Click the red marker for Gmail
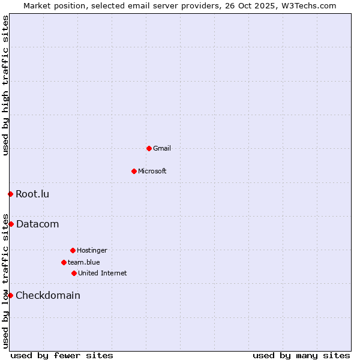click(149, 148)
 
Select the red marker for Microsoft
click(134, 171)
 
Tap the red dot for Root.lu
click(10, 194)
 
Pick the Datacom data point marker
click(11, 224)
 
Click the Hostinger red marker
click(73, 250)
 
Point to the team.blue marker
click(64, 262)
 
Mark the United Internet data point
click(74, 273)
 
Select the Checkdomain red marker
click(10, 295)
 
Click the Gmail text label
click(162, 148)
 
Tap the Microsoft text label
click(152, 171)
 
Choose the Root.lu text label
click(32, 194)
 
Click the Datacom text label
click(37, 224)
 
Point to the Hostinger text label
click(92, 250)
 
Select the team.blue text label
click(84, 262)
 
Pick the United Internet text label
click(103, 273)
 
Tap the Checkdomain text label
click(48, 295)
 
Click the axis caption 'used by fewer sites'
click(62, 355)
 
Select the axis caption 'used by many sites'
click(301, 355)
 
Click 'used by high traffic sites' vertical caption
click(5, 85)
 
